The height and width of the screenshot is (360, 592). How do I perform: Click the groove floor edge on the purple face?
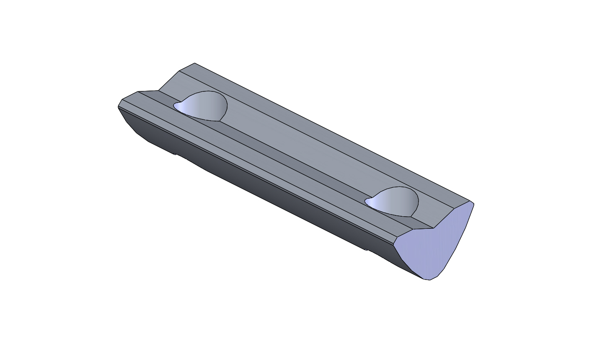pos(423,229)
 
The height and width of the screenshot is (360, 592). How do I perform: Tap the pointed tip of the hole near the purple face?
pos(366,202)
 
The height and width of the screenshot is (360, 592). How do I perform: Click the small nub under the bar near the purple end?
pos(366,250)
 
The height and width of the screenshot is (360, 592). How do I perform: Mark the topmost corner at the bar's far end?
pos(195,63)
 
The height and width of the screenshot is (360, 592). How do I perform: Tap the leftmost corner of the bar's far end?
pos(118,106)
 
